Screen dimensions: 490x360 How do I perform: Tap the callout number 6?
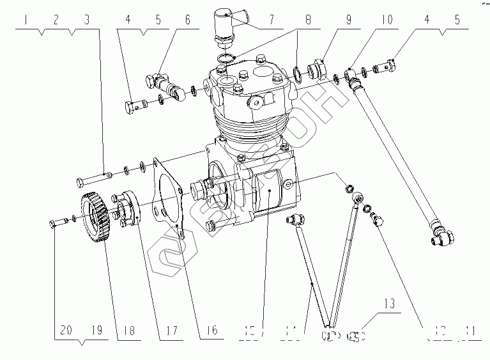click(188, 20)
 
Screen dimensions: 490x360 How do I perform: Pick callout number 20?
click(65, 331)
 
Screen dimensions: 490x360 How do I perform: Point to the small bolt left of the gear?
click(56, 223)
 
